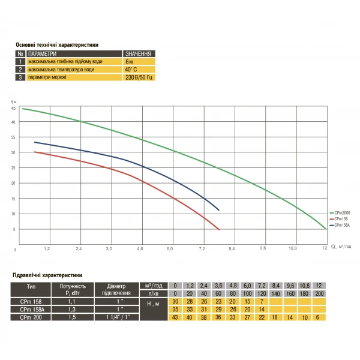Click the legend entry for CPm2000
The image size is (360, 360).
click(340, 213)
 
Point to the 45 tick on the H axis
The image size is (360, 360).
click(14, 122)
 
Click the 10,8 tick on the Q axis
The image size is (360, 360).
click(293, 248)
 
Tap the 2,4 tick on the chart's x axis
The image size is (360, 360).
click(79, 248)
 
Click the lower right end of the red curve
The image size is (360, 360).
click(220, 230)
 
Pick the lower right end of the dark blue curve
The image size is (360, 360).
click(219, 210)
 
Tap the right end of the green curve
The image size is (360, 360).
click(326, 229)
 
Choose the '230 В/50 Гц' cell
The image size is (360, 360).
click(139, 77)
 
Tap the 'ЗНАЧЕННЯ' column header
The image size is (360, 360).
click(137, 53)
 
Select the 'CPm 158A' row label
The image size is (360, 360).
click(31, 309)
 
